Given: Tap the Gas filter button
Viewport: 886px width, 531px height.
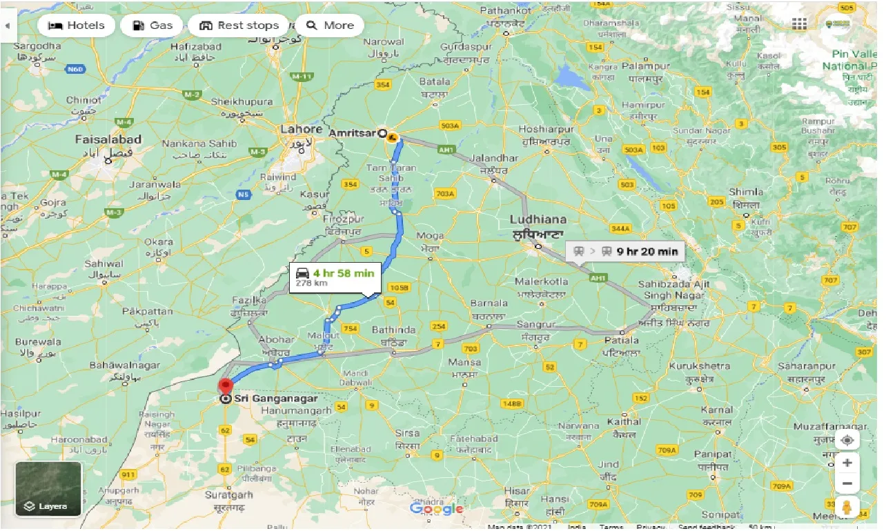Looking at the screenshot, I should click(x=152, y=26).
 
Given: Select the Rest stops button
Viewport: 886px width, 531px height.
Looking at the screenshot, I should click(x=238, y=26).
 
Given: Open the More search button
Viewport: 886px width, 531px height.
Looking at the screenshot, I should click(x=330, y=26).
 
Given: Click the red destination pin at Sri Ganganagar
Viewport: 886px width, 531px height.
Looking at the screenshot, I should click(x=226, y=387).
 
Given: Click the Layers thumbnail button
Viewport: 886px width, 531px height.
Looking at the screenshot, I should click(x=48, y=489).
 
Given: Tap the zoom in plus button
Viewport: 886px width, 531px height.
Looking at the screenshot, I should click(x=847, y=463).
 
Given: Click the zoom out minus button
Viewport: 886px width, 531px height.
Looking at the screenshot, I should click(x=847, y=483).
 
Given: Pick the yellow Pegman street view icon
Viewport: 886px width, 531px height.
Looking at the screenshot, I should click(x=847, y=508).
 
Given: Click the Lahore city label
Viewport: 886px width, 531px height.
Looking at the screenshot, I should click(x=302, y=130).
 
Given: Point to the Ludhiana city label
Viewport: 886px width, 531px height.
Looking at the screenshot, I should click(x=538, y=220).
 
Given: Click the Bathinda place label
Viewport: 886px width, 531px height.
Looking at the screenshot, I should click(x=393, y=330).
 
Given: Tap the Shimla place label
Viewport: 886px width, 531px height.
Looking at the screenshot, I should click(x=746, y=192).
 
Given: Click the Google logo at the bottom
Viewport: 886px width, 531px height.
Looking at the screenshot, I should click(x=437, y=510).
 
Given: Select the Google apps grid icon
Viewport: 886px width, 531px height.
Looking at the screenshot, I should click(x=799, y=25).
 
